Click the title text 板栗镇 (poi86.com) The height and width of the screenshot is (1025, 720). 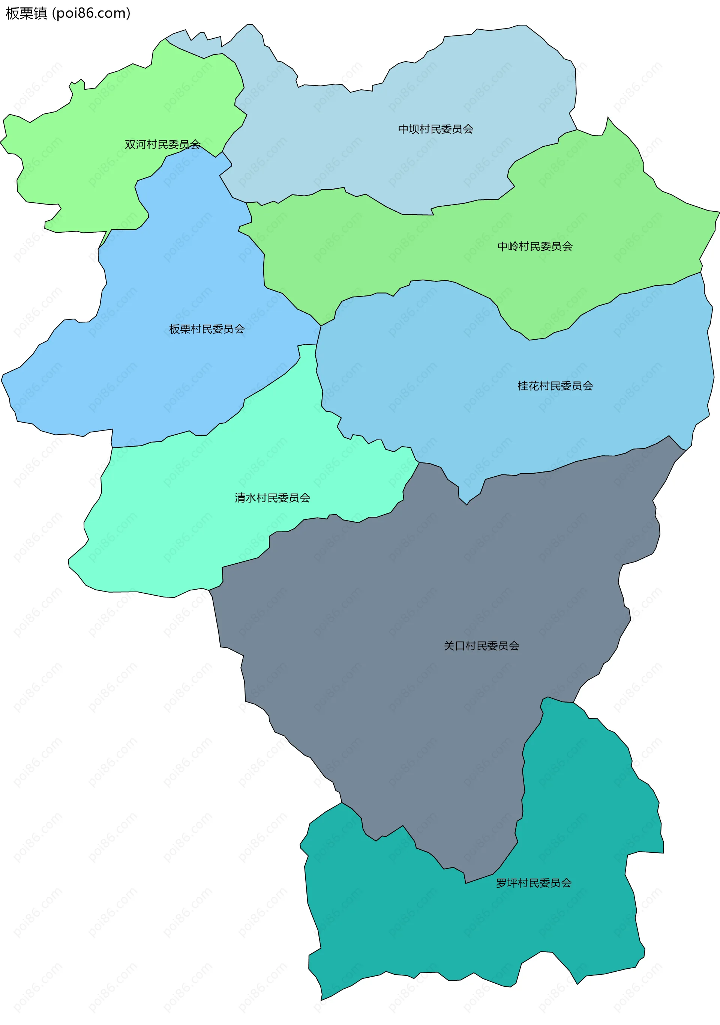click(x=68, y=14)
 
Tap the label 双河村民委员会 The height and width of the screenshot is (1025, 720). click(x=162, y=144)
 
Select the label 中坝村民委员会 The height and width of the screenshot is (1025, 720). click(x=435, y=129)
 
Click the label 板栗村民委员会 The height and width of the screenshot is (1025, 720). click(x=207, y=329)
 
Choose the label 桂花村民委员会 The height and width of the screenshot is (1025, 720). click(x=555, y=386)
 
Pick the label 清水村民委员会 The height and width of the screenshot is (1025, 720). click(x=272, y=498)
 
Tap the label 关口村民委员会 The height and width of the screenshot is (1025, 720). click(x=481, y=646)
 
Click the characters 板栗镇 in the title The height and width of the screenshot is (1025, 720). click(x=26, y=14)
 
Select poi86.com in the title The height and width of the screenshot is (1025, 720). click(x=91, y=14)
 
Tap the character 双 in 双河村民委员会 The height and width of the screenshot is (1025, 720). click(x=130, y=144)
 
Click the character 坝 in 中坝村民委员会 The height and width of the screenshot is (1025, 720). click(x=414, y=129)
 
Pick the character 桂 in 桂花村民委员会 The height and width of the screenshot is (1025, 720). click(x=523, y=386)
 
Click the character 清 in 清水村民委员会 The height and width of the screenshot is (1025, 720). click(x=240, y=498)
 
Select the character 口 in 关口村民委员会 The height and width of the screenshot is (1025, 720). click(x=460, y=646)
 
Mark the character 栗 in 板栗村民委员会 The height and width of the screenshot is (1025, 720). click(x=186, y=329)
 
